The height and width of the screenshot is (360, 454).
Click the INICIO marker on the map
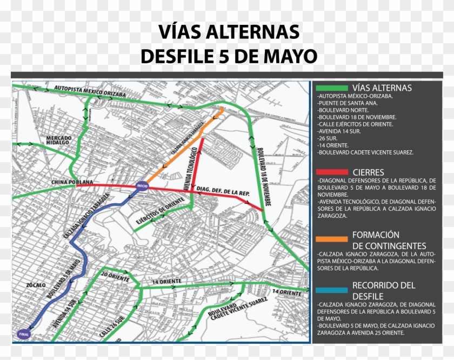coord(142,185)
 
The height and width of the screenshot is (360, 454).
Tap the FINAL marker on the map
coord(23,334)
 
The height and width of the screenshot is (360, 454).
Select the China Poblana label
coord(73,182)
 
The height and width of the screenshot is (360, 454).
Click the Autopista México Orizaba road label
coord(90,91)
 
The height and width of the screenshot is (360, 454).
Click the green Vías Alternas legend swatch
coord(332,88)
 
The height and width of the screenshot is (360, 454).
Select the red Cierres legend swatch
coord(332,172)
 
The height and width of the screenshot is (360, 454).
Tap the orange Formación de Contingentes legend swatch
coord(332,238)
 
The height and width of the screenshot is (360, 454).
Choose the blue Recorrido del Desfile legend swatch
coord(332,290)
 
